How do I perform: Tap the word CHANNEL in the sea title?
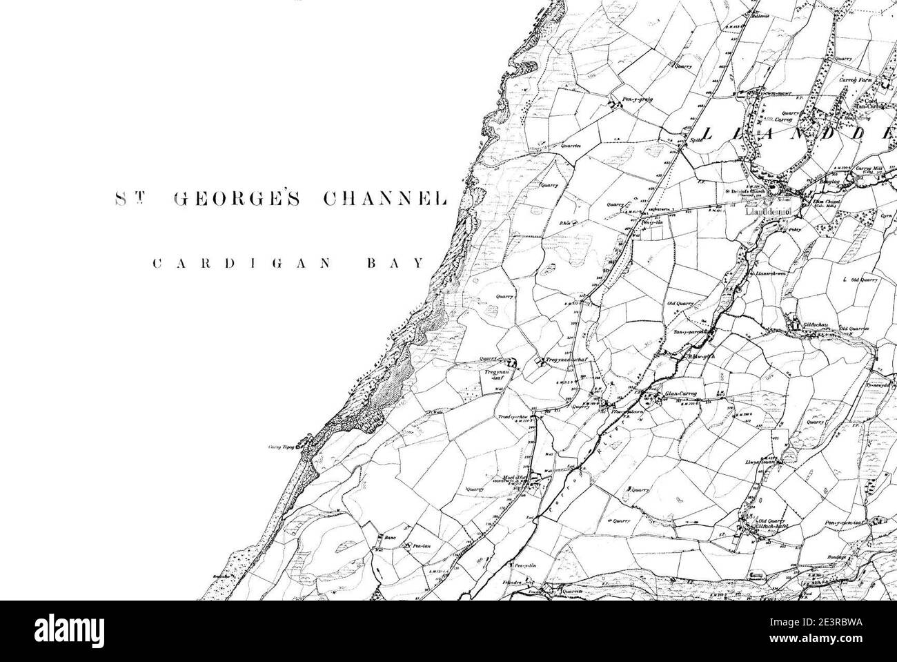point(385,199)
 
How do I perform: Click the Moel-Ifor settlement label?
point(515,477)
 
